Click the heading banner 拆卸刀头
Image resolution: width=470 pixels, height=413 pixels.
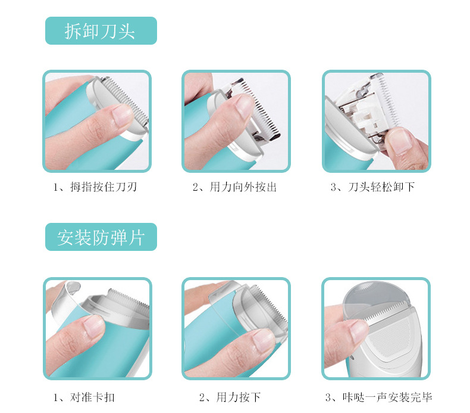101,30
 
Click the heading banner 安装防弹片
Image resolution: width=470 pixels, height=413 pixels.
101,237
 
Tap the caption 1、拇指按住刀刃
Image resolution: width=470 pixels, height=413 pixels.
95,187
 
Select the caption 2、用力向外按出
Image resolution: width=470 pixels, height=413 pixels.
234,187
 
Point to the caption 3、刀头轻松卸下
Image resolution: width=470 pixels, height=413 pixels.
373,187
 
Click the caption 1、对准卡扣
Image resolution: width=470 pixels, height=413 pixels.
84,397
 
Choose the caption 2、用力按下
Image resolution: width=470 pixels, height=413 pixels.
230,397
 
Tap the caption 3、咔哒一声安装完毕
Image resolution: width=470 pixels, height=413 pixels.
379,397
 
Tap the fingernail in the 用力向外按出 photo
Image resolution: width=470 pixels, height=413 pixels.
245,105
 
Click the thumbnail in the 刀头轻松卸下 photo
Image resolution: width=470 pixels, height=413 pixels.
402,141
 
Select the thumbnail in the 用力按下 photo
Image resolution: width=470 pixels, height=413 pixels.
263,340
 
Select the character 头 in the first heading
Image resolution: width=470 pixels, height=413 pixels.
126,31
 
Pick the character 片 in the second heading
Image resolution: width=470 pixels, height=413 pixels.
136,237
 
